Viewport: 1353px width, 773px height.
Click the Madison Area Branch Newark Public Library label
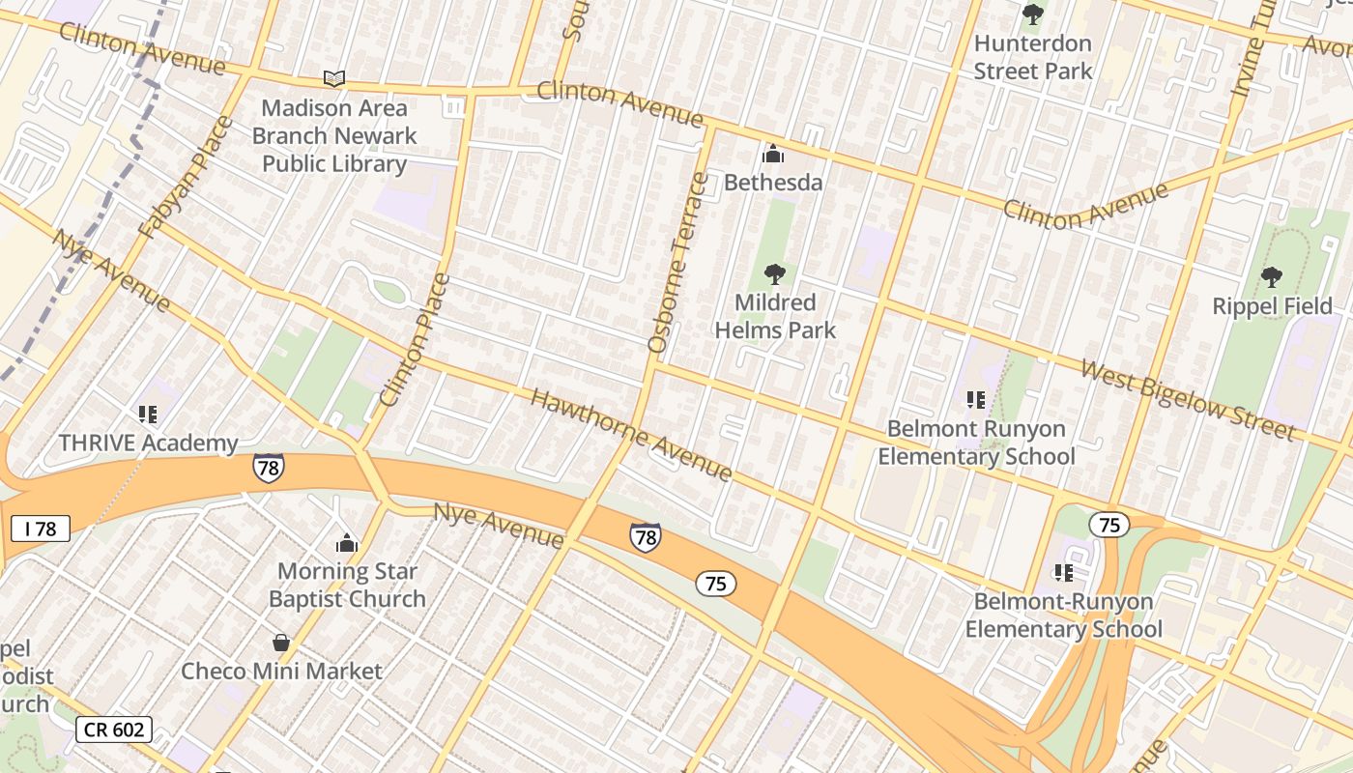click(334, 136)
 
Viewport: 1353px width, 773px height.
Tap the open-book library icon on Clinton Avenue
click(334, 79)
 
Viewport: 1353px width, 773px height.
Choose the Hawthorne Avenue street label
click(631, 435)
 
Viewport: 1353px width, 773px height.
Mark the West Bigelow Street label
click(1187, 399)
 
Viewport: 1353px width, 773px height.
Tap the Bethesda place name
click(773, 183)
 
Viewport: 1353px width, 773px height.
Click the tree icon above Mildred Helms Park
click(774, 274)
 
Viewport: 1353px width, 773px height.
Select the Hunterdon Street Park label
click(1032, 57)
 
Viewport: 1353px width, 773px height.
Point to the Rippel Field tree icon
click(1272, 278)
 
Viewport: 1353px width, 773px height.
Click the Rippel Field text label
click(1272, 306)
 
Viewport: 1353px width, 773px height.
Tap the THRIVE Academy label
click(148, 444)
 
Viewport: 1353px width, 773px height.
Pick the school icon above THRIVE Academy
click(148, 415)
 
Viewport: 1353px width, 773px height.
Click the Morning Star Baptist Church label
click(347, 585)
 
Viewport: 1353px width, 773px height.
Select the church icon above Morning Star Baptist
click(347, 544)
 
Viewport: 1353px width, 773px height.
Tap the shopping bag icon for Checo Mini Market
click(281, 643)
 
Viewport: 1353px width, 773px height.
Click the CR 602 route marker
click(114, 730)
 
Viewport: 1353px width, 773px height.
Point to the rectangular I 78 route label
click(41, 529)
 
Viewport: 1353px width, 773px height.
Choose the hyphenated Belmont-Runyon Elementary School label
click(1063, 616)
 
